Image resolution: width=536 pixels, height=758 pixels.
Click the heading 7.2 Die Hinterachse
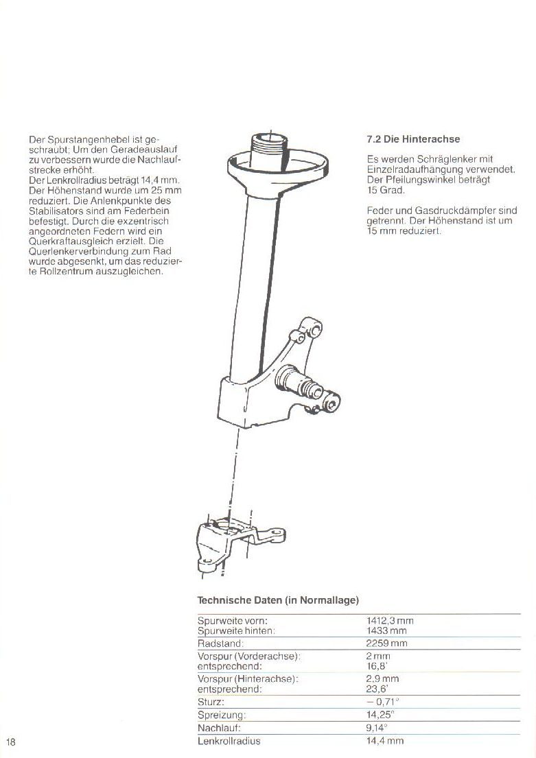click(x=413, y=139)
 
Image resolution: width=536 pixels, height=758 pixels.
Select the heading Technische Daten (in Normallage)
click(x=278, y=600)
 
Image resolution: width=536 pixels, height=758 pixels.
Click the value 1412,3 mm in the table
click(x=390, y=621)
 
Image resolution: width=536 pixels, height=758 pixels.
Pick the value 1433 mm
click(x=386, y=630)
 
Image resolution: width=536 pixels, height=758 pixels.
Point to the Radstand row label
click(x=220, y=643)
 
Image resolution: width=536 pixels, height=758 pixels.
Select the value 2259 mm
click(x=387, y=643)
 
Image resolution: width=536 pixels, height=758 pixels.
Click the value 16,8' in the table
click(x=377, y=665)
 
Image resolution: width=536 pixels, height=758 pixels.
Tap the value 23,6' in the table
click(x=377, y=689)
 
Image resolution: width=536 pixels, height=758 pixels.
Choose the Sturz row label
click(x=211, y=702)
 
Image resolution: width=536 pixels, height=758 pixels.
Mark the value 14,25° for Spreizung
click(x=380, y=715)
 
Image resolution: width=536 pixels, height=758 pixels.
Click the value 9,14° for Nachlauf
click(x=377, y=728)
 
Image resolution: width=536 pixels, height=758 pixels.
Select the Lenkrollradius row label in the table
click(x=229, y=741)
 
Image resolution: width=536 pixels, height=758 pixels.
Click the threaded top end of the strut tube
click(x=268, y=145)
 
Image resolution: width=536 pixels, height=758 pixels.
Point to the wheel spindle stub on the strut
click(x=312, y=385)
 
